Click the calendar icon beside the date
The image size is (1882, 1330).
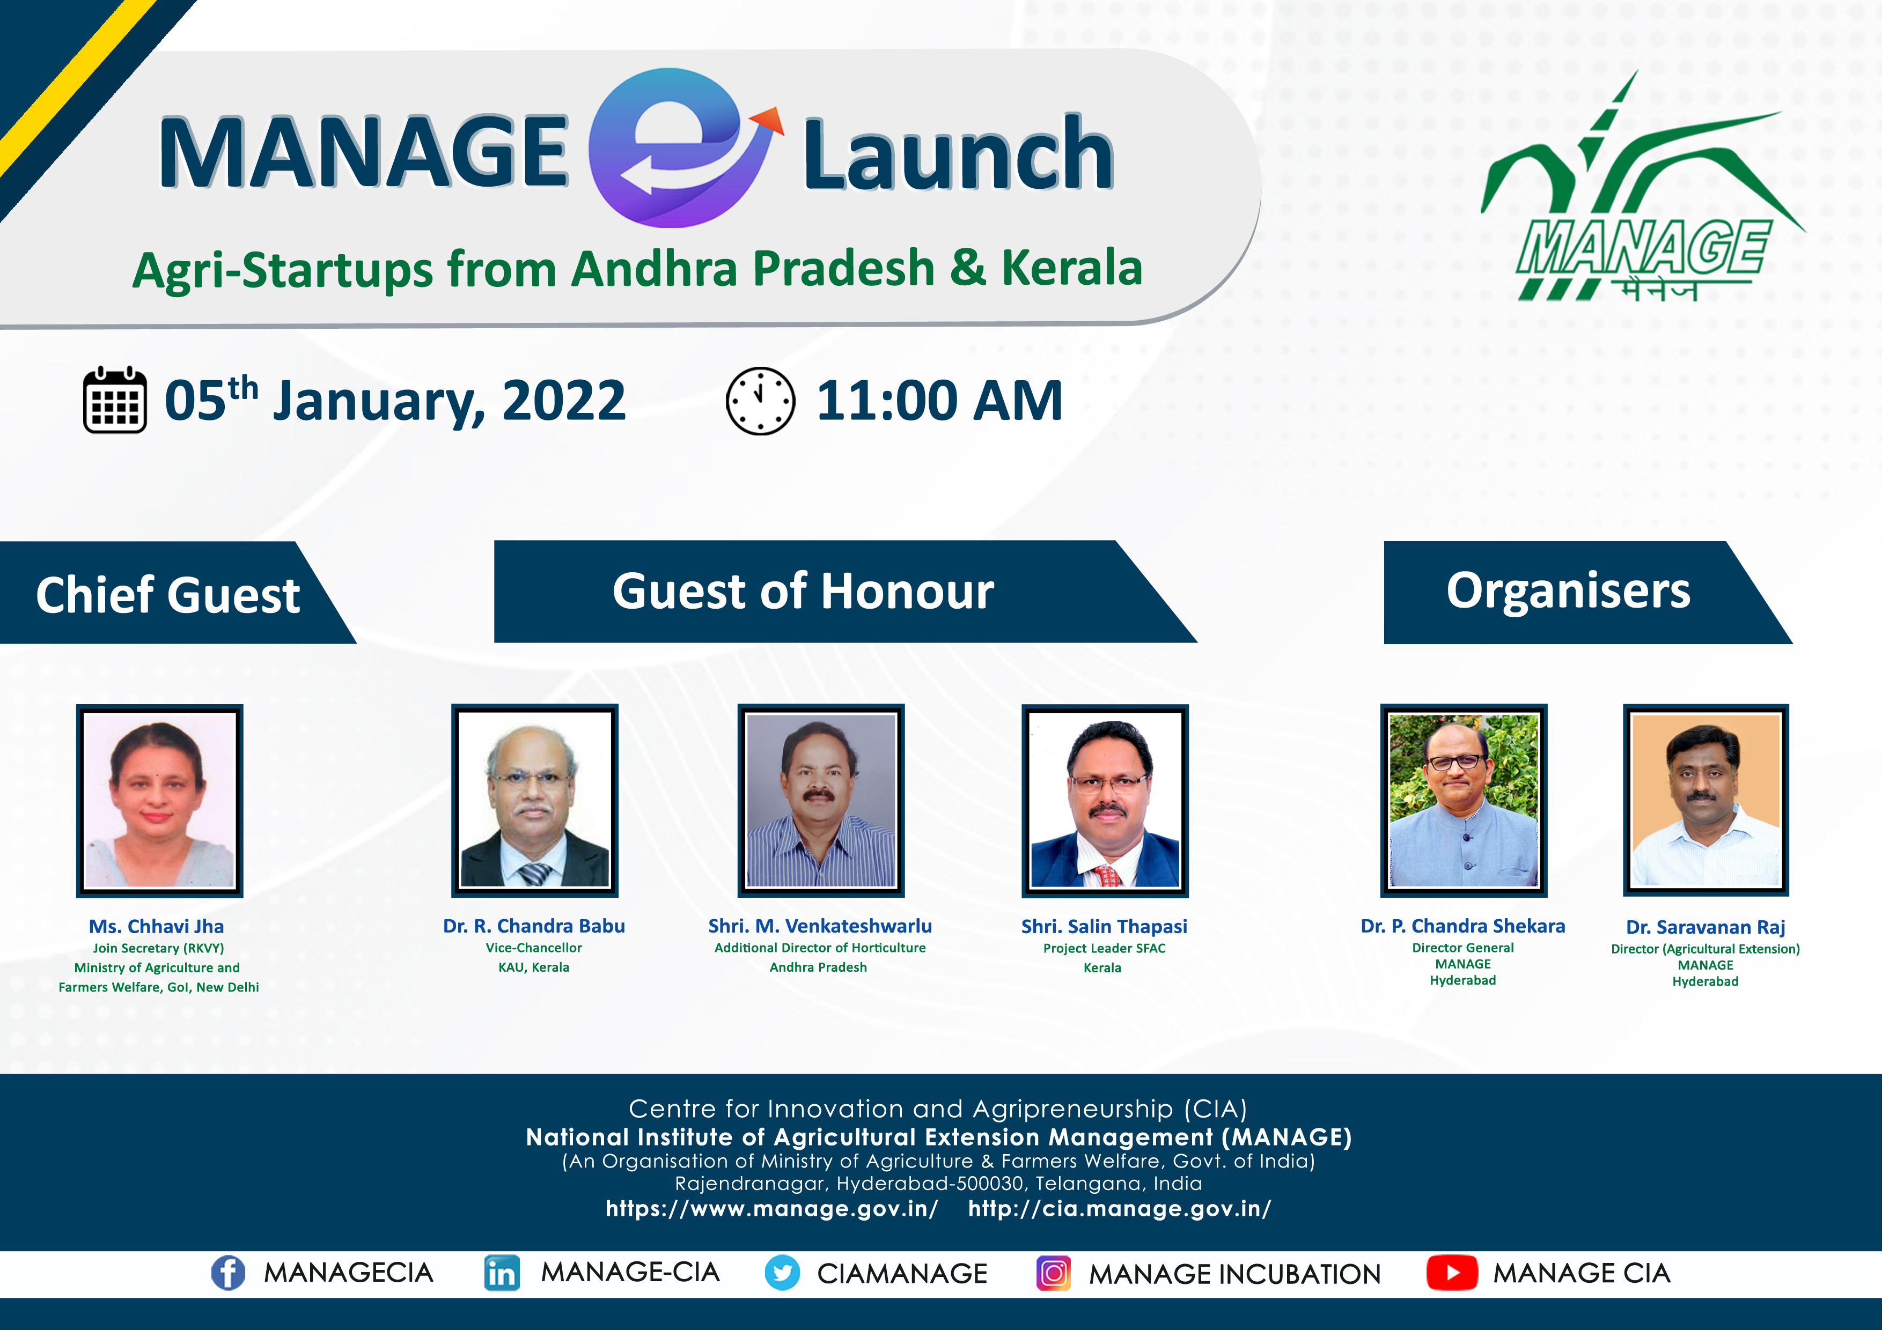point(115,400)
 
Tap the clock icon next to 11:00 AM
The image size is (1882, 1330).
point(760,401)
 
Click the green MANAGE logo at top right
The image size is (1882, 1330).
point(1642,187)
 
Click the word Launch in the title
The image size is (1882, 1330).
point(958,153)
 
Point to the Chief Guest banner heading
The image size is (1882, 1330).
point(168,594)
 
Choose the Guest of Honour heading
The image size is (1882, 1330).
point(803,591)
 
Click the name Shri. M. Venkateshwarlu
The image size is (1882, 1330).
point(820,926)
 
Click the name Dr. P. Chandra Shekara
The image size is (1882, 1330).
point(1463,926)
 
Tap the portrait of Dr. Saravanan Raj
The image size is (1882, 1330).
point(1706,800)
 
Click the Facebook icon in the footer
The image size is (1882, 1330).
point(228,1273)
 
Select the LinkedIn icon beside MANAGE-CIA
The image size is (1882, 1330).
point(502,1273)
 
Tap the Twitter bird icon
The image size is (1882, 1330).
point(782,1273)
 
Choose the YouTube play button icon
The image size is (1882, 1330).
point(1452,1273)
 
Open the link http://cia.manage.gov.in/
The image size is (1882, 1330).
point(1120,1209)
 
